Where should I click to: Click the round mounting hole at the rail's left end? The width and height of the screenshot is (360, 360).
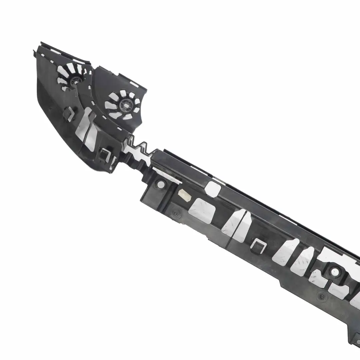(162, 183)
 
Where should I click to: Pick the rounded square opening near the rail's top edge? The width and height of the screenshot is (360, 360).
(212, 188)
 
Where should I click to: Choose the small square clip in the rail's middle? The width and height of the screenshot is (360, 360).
(259, 244)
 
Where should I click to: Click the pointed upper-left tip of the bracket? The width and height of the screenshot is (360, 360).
(35, 51)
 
